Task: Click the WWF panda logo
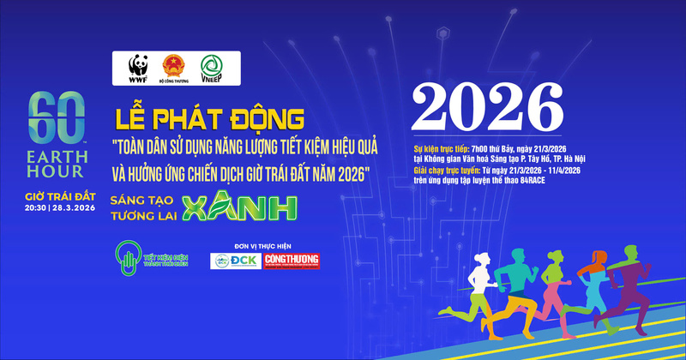[x=137, y=68]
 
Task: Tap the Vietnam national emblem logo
[x=173, y=66]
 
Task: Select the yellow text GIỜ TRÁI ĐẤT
[x=59, y=197]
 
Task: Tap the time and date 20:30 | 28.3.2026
[x=59, y=208]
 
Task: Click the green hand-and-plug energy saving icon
[x=126, y=259]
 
